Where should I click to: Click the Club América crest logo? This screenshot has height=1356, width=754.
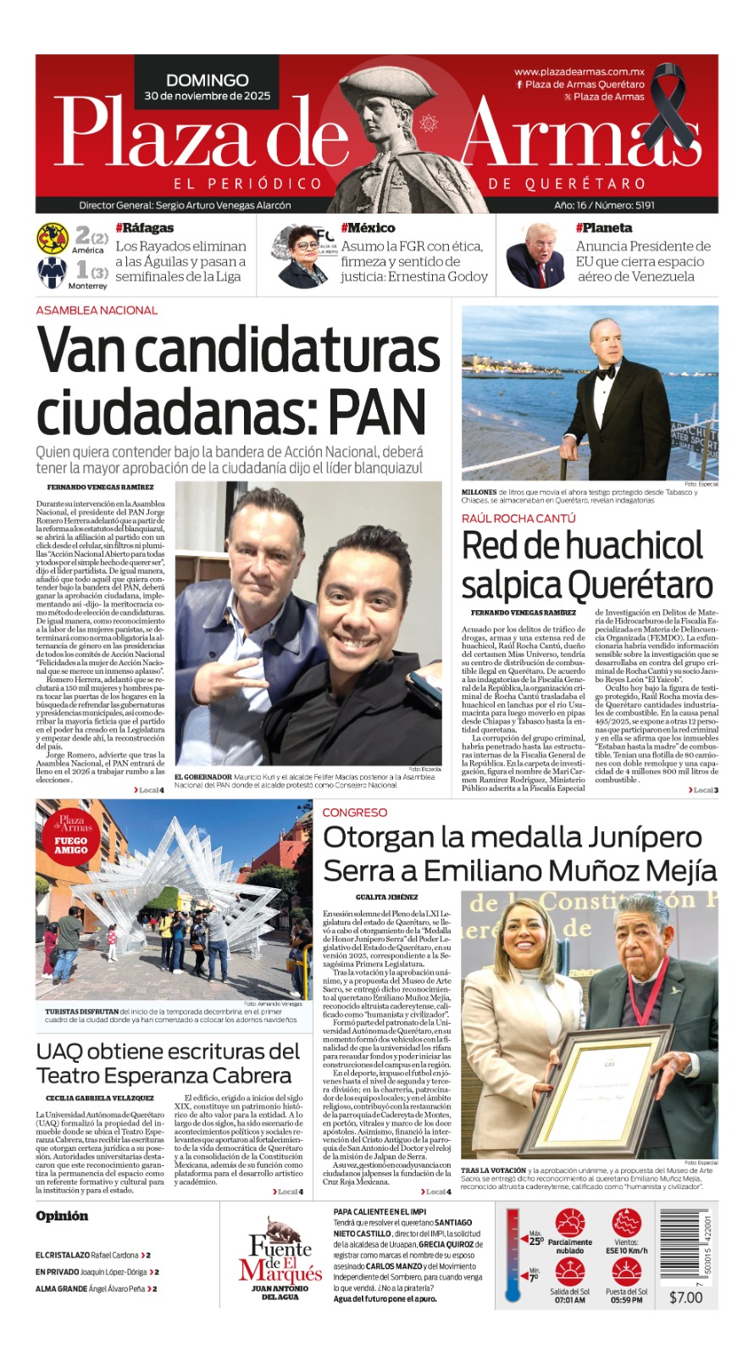point(53,239)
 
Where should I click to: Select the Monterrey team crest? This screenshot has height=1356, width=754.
point(53,273)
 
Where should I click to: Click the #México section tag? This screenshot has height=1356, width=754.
point(368,228)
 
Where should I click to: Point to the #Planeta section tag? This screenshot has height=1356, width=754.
point(603,228)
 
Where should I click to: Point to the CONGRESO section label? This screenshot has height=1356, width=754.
point(354,812)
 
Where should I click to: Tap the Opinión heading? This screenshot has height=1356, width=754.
point(62,1216)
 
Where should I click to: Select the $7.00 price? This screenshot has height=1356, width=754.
point(685,1298)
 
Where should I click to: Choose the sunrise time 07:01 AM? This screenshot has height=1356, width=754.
point(570,1300)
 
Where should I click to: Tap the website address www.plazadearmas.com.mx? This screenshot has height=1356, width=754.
point(579,73)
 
